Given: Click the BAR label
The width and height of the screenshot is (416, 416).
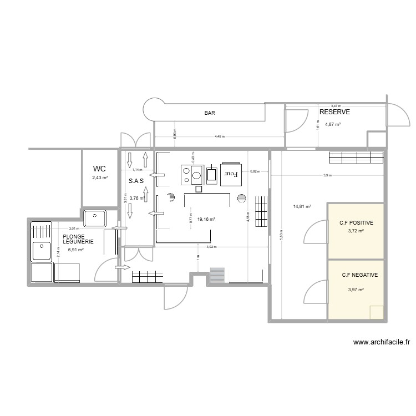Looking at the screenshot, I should [210, 113].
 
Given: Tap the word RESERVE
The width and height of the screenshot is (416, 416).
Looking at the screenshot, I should [334, 112].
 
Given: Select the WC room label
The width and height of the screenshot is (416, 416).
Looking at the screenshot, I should [99, 169].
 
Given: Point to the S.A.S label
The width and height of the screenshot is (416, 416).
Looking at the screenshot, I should [136, 181].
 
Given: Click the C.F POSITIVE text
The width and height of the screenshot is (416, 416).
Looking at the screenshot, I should [356, 223].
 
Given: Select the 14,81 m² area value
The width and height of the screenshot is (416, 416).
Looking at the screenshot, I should [302, 206].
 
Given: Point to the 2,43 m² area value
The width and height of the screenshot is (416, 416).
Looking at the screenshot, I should [100, 178].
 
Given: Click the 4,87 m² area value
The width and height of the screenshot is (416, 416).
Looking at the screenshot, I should [333, 125].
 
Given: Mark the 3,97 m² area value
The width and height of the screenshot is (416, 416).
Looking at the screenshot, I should [356, 290].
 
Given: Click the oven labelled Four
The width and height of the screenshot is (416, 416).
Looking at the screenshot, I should [231, 174].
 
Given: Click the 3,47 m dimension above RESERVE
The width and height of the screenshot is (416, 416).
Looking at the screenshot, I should [336, 105].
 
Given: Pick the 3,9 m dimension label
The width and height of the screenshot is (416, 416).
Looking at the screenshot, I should [327, 175].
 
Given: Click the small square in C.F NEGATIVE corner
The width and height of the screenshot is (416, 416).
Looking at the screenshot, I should [377, 312].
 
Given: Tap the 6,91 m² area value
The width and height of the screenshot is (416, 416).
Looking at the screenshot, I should [75, 250].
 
